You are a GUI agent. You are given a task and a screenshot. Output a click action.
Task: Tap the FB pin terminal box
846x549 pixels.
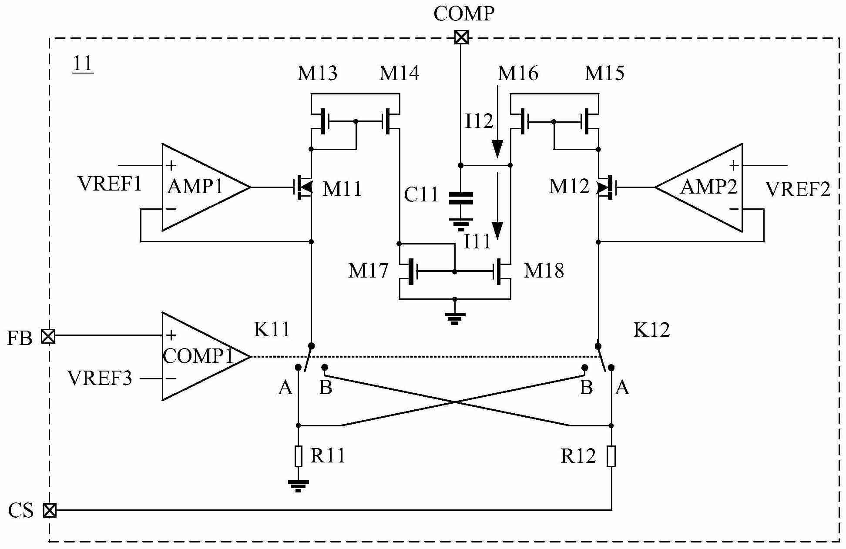48,336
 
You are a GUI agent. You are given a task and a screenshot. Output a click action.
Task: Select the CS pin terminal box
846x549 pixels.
50,510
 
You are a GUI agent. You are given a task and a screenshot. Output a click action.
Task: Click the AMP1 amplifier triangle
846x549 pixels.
200,187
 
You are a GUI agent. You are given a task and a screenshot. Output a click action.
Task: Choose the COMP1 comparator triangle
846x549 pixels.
200,356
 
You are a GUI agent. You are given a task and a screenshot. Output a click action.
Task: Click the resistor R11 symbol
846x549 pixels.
299,456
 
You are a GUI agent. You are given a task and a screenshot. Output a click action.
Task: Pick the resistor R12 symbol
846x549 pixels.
611,456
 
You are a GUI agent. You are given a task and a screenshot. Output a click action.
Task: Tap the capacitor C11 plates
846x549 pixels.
461,198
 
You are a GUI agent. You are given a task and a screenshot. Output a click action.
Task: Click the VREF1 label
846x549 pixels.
110,184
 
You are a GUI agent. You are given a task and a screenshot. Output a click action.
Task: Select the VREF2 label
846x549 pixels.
798,190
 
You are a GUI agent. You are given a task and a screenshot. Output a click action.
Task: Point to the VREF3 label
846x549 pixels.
100,378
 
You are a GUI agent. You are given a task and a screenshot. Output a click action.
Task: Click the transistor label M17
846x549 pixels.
368,271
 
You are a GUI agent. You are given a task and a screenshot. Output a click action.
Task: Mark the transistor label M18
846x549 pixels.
544,271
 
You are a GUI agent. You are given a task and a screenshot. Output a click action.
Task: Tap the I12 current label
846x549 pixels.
479,121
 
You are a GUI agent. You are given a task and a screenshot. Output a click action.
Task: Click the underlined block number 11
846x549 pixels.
83,64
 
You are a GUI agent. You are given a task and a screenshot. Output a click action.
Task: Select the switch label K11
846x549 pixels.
272,330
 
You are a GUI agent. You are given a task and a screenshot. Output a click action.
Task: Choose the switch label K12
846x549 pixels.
651,331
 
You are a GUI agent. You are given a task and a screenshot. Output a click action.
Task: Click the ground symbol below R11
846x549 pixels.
299,485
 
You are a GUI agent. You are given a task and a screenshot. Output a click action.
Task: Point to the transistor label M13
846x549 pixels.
317,73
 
